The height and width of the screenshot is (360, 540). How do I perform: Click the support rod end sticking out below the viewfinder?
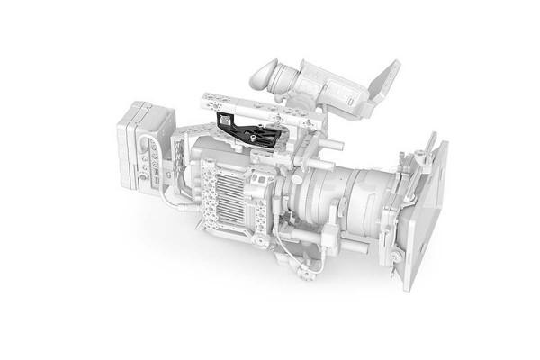point(334,144)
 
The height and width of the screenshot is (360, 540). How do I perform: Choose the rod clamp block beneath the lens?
point(329,238)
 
